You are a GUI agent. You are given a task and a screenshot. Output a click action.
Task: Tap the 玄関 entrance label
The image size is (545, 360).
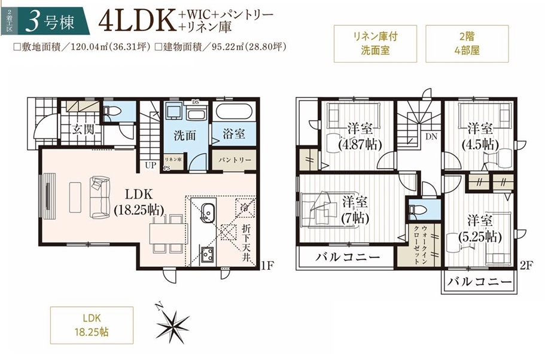[83, 129]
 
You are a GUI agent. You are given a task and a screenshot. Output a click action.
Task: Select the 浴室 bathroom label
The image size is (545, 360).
[233, 134]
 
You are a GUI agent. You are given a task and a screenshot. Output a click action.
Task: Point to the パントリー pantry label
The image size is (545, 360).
[235, 160]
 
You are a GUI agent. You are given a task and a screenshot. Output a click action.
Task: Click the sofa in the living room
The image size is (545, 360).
[100, 197]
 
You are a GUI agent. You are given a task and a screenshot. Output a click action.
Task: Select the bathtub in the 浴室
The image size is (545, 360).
[233, 112]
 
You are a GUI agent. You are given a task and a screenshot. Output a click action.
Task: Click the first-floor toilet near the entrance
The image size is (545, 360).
[112, 112]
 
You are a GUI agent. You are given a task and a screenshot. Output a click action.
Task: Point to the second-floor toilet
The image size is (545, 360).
[416, 210]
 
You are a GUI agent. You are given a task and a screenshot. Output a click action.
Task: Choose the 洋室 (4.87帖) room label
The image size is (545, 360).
[360, 136]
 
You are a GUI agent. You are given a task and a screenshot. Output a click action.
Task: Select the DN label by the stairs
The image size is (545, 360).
[431, 136]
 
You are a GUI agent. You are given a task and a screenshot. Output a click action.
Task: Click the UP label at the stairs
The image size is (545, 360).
[151, 166]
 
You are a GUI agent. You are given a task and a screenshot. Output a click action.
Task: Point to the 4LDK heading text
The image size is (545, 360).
[136, 22]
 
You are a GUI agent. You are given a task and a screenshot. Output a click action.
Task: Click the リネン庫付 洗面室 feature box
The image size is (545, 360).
[375, 44]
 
